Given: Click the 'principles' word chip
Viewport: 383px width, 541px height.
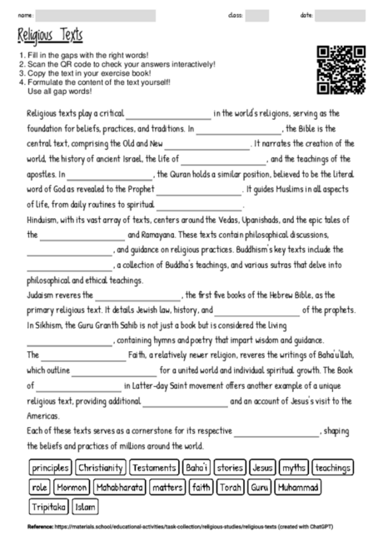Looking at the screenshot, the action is coord(48,469).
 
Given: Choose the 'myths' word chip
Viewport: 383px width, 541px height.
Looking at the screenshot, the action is coord(293,469).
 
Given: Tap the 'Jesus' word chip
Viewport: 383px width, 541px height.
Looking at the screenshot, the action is coord(261,469).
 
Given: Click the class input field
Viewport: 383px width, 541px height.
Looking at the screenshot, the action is coord(256,15).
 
